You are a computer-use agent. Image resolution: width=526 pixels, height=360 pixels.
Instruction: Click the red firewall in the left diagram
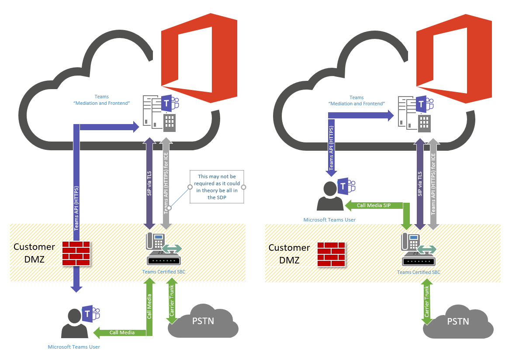click(76, 253)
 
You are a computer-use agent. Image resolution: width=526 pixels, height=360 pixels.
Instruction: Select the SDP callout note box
click(217, 187)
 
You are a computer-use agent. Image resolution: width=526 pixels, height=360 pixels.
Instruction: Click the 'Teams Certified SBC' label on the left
click(164, 272)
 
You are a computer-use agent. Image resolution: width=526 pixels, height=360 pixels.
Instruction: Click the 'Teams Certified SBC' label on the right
click(419, 272)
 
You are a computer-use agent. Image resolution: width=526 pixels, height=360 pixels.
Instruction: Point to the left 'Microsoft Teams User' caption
click(74, 347)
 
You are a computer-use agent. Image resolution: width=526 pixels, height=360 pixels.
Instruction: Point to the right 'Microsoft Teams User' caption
click(329, 220)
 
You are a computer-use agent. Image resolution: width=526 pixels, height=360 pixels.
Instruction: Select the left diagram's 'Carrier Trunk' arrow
click(172, 301)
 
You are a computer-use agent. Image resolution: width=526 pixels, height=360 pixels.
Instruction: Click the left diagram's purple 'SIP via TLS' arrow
click(149, 183)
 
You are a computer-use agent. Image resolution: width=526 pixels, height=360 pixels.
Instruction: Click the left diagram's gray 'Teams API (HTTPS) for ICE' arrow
click(166, 183)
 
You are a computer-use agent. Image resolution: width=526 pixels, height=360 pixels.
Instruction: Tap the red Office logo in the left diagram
click(199, 61)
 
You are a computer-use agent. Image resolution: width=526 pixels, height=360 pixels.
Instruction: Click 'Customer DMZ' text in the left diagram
click(34, 253)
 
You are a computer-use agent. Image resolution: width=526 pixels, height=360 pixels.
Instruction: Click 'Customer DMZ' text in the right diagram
click(289, 254)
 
